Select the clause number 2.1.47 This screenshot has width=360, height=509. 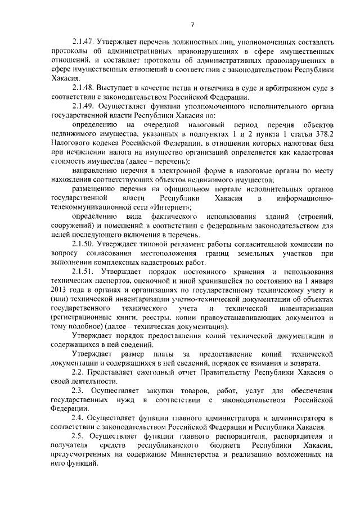[83, 42]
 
